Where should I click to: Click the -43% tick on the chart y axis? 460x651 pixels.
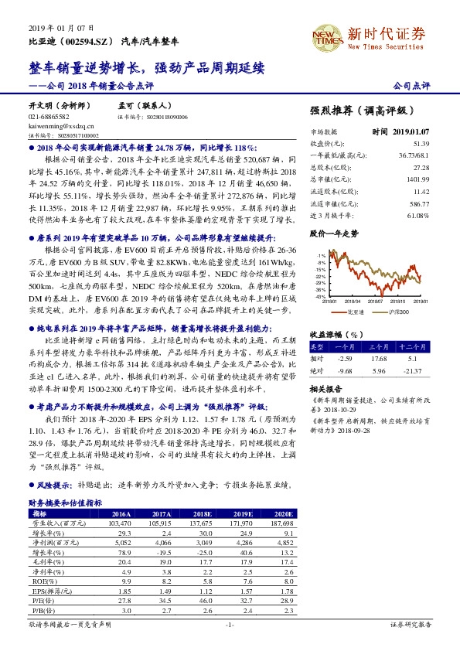(x=319, y=295)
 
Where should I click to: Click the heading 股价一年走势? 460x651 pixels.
(x=333, y=233)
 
